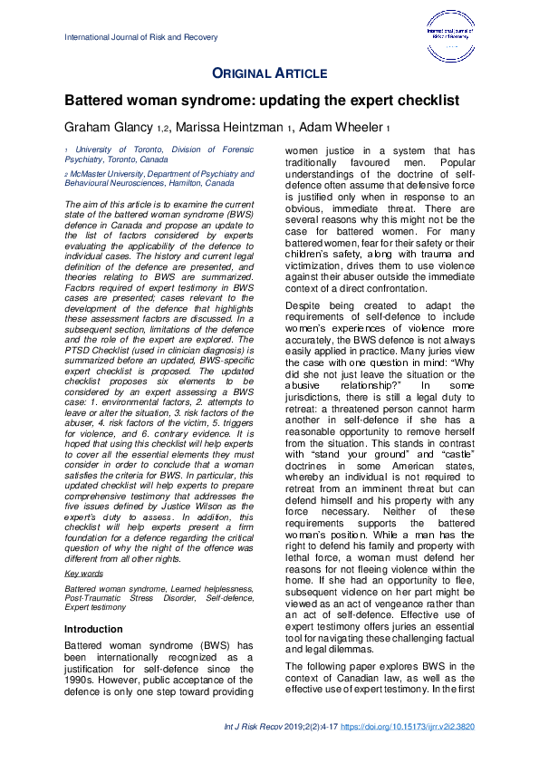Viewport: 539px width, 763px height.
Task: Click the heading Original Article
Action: (x=269, y=72)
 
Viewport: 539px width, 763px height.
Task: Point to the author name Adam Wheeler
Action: (x=347, y=126)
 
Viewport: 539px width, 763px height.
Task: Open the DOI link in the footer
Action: (x=412, y=726)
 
